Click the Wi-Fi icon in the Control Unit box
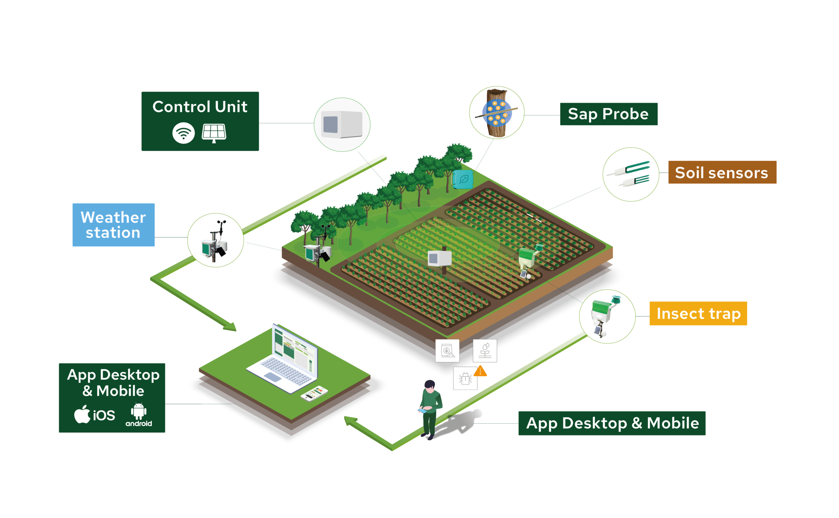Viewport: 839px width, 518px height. click(183, 133)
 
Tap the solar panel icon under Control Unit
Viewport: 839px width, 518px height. click(214, 133)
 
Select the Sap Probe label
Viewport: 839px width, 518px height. click(608, 114)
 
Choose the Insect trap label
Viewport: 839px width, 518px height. click(698, 314)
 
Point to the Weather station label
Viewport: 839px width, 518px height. click(113, 225)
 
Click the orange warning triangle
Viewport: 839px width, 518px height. click(480, 371)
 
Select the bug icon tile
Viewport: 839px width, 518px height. click(465, 378)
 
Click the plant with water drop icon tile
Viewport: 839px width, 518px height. click(485, 351)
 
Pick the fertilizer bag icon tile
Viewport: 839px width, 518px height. click(447, 351)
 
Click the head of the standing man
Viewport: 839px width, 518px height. click(430, 385)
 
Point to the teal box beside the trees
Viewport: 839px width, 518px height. click(463, 180)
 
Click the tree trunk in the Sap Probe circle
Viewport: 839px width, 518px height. click(497, 113)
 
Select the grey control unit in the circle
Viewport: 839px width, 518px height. click(342, 125)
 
